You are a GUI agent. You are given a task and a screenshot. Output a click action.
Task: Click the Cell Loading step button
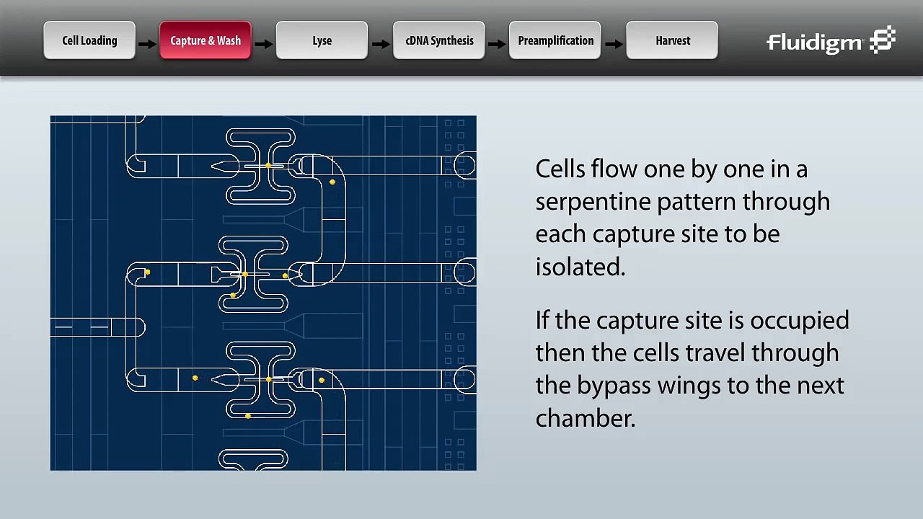pos(89,40)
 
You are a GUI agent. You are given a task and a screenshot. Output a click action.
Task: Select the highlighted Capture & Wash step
pos(206,40)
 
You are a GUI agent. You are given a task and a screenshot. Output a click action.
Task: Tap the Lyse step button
pos(322,40)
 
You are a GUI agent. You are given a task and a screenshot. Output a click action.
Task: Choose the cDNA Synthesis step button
pos(439,40)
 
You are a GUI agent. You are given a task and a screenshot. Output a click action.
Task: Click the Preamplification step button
pos(555,40)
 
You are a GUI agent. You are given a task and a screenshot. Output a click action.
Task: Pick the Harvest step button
pos(672,40)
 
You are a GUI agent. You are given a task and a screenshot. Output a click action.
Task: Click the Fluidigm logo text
pos(814,43)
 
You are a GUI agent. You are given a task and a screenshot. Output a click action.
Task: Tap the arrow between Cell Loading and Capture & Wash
pos(147,44)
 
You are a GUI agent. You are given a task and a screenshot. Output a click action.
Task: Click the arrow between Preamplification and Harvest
pos(614,44)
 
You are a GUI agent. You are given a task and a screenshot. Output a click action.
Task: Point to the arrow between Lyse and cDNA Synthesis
pos(380,44)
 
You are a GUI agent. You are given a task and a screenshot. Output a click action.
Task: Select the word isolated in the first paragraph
pos(579,267)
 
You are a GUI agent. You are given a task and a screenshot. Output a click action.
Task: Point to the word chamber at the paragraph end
pos(584,418)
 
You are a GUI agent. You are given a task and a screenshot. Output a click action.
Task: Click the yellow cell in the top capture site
pos(268,166)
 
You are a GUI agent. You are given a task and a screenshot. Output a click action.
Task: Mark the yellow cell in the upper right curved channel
pos(332,182)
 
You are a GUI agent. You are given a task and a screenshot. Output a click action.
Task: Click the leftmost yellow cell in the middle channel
pos(147,272)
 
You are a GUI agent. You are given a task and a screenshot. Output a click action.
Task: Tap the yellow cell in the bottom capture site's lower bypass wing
pos(248,416)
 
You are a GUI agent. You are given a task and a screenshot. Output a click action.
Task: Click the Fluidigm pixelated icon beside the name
pos(882,40)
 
